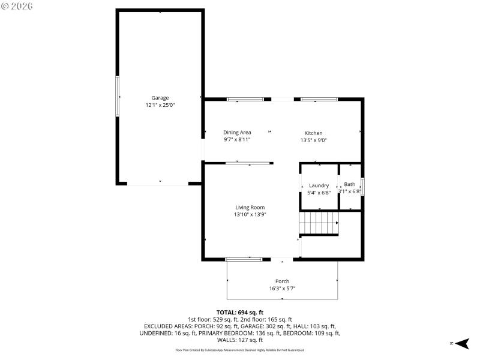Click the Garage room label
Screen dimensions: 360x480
(x=160, y=97)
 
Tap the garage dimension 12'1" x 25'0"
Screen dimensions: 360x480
(x=160, y=104)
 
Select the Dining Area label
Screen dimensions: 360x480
(x=237, y=132)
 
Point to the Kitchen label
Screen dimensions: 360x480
(x=313, y=133)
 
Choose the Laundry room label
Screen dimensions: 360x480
(x=319, y=185)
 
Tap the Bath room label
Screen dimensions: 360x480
(x=349, y=184)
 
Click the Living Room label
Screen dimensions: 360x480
(x=250, y=207)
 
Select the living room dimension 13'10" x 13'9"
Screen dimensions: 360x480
(x=250, y=214)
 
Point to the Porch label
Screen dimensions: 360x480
(x=282, y=281)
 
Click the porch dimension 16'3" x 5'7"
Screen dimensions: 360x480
(x=282, y=288)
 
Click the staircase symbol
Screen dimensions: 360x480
(x=319, y=223)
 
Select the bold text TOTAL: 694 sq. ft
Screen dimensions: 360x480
(x=239, y=312)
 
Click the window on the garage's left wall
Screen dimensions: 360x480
(x=117, y=96)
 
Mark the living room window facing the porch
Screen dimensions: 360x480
(x=244, y=259)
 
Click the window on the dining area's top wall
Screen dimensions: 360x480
(x=245, y=98)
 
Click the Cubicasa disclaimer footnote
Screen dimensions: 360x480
(x=239, y=350)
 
